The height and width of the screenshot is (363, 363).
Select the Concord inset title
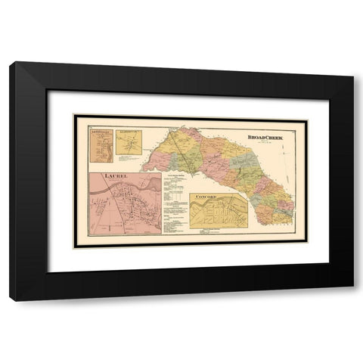(x=206, y=197)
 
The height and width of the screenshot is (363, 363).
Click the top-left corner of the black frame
(x=11, y=64)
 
